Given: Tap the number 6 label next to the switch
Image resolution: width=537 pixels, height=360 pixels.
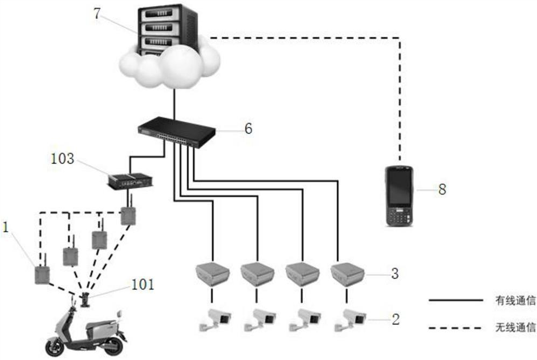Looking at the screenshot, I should (247, 129).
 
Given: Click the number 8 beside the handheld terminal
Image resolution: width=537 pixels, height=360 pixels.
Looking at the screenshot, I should (441, 189).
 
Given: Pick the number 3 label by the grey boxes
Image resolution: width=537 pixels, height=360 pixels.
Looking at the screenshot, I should (394, 274).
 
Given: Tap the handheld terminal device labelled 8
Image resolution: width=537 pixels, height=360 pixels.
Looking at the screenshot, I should (399, 196).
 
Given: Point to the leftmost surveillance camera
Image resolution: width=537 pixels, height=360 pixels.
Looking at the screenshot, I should (214, 320).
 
